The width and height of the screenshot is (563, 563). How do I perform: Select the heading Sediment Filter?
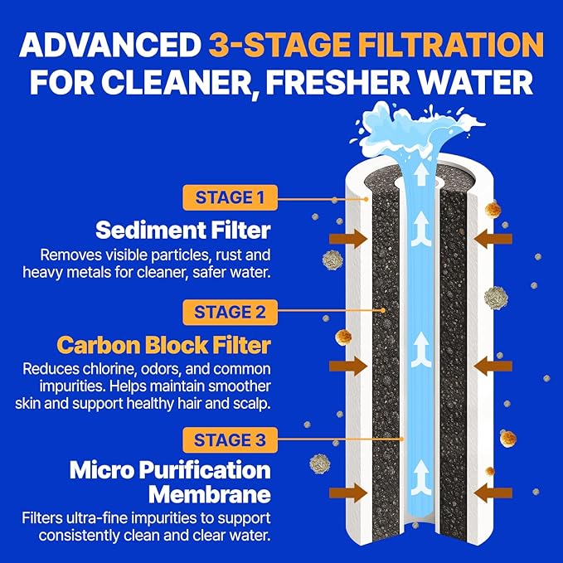pos(182,229)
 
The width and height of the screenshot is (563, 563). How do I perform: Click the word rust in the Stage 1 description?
pos(217,254)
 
